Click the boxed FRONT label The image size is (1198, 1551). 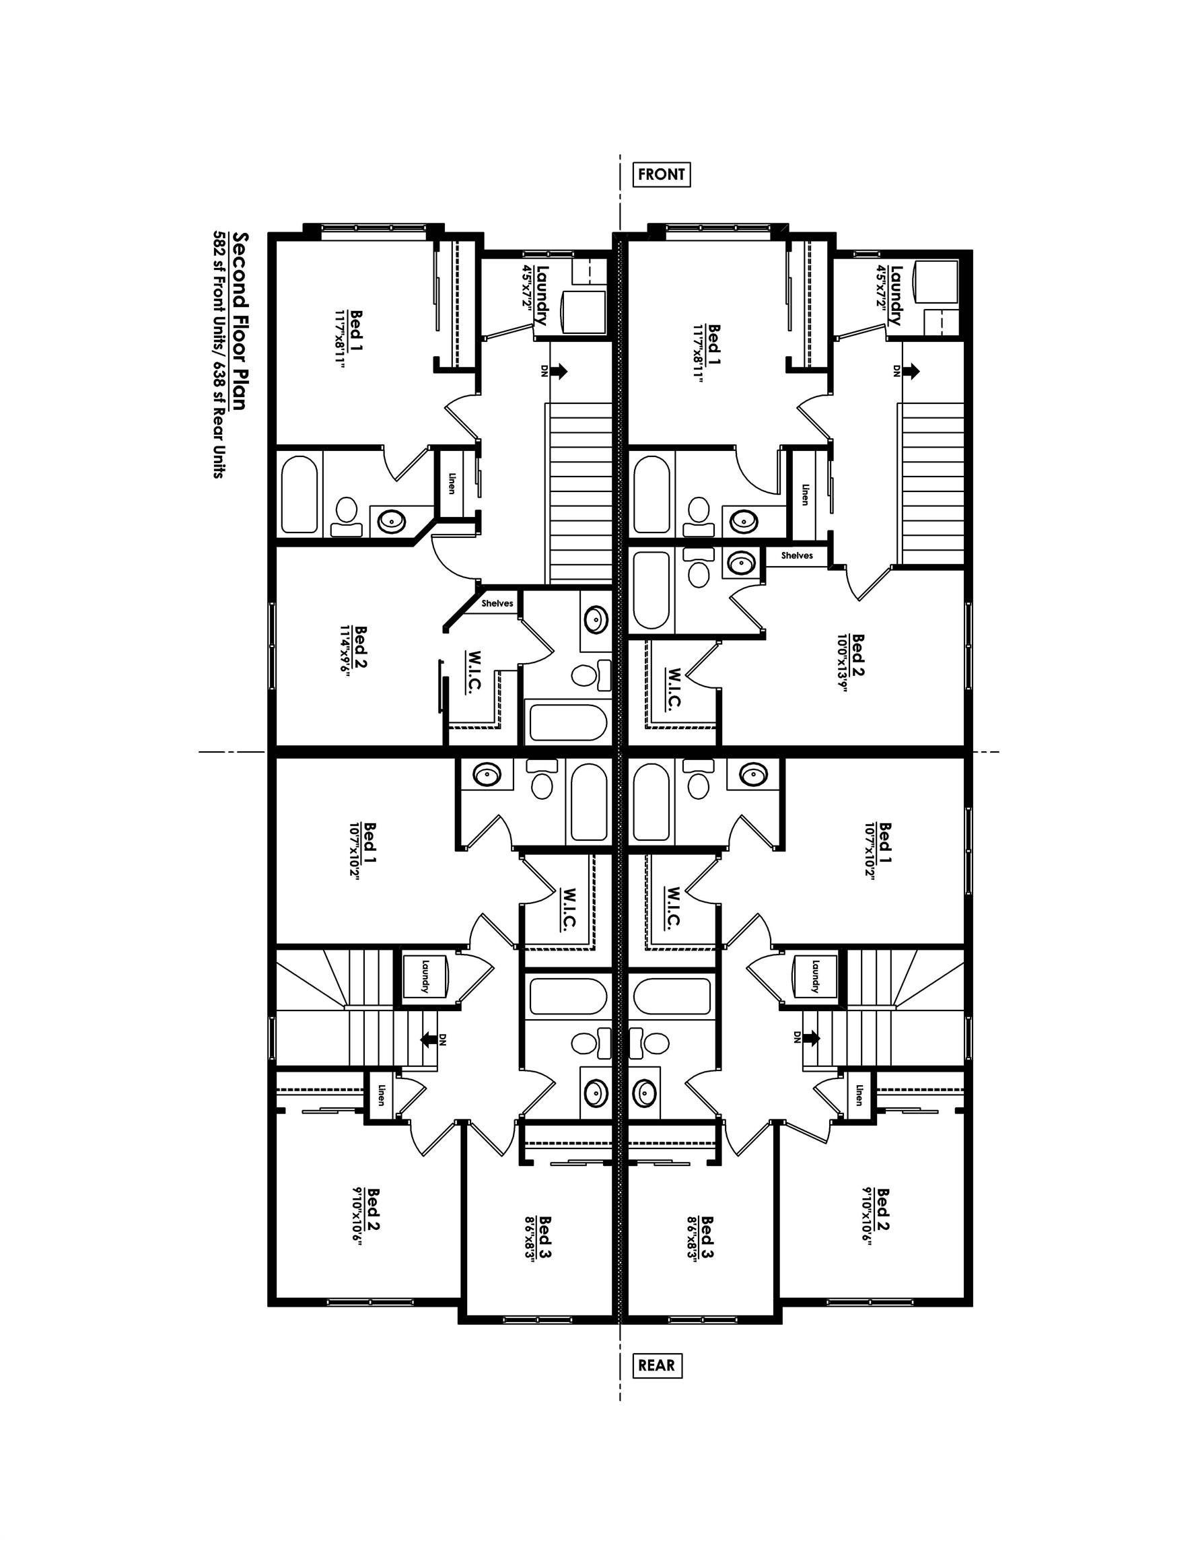(x=661, y=174)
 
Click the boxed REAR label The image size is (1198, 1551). (x=656, y=1365)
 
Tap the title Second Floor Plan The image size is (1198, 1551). (x=240, y=320)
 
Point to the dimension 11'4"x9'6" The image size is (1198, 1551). (x=346, y=651)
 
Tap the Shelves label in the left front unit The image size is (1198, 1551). (x=497, y=604)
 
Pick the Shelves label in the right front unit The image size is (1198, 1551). (x=797, y=555)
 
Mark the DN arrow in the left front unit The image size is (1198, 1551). (x=558, y=371)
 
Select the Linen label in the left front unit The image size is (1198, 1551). (x=451, y=483)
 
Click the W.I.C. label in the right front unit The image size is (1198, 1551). (x=674, y=687)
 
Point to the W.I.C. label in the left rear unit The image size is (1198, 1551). (x=568, y=907)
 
